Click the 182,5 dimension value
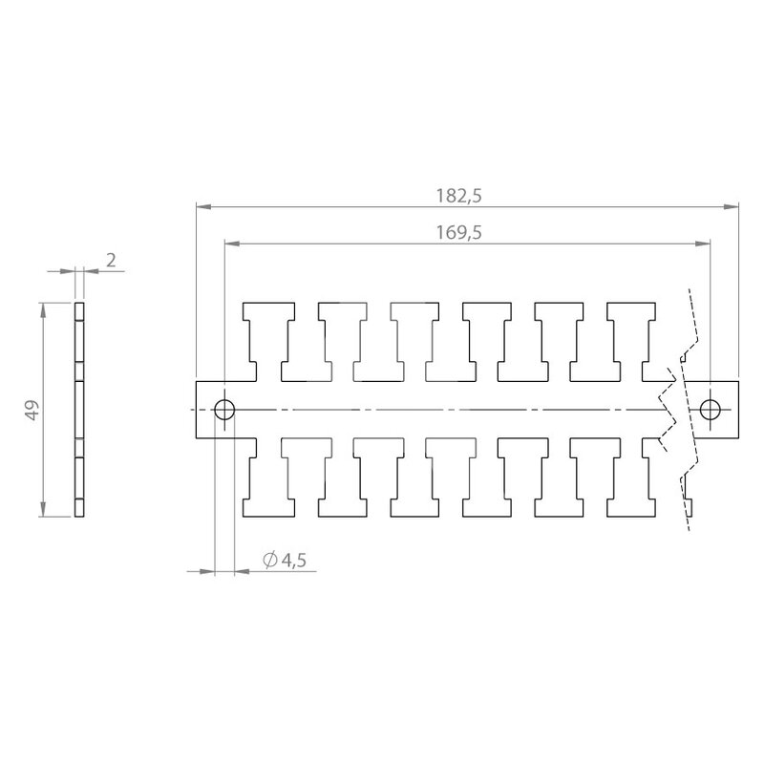click(x=458, y=196)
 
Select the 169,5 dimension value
click(x=458, y=233)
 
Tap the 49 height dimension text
click(x=32, y=410)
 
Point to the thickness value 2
click(x=111, y=261)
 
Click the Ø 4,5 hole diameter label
click(x=285, y=561)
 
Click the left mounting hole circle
click(x=224, y=410)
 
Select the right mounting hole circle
click(x=710, y=410)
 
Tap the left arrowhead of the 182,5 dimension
click(x=203, y=207)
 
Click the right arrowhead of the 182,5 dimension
click(x=731, y=207)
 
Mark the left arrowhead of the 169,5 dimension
click(x=232, y=244)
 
